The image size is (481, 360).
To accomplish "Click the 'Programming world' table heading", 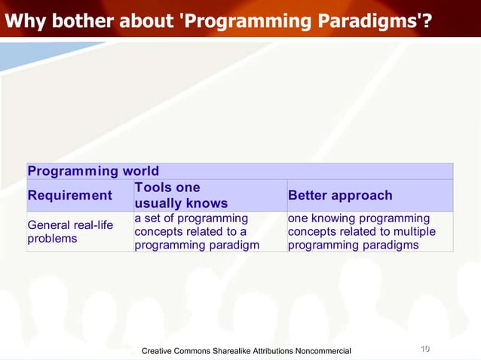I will (x=93, y=171).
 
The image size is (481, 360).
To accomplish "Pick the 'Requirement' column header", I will (x=69, y=196).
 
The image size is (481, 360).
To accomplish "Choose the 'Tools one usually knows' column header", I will (x=180, y=196).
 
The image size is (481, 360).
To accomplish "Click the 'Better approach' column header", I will (x=340, y=196).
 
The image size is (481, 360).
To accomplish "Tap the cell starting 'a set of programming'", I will (x=196, y=231).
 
